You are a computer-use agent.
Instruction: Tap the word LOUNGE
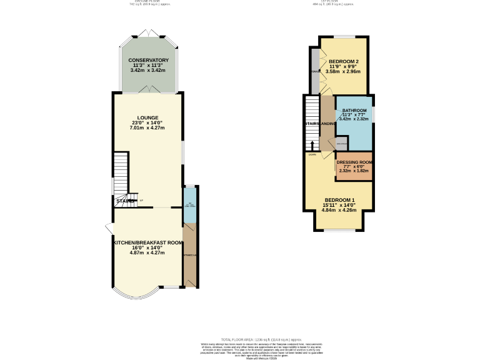(148, 117)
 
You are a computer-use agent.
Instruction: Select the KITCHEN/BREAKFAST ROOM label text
(148, 242)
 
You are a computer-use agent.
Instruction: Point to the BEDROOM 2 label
(343, 61)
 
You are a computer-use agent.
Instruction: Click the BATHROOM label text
(354, 111)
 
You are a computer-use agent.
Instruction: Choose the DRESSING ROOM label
(354, 162)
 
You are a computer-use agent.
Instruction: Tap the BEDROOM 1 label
(339, 199)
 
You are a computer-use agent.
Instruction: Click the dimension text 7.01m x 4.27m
(148, 128)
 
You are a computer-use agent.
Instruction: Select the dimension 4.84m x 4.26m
(339, 210)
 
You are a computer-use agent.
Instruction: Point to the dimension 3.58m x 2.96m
(343, 72)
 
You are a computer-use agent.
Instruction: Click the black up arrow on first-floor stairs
(312, 146)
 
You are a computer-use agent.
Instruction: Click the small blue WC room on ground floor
(189, 205)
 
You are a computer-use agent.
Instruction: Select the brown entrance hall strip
(189, 255)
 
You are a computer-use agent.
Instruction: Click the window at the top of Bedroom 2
(343, 37)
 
